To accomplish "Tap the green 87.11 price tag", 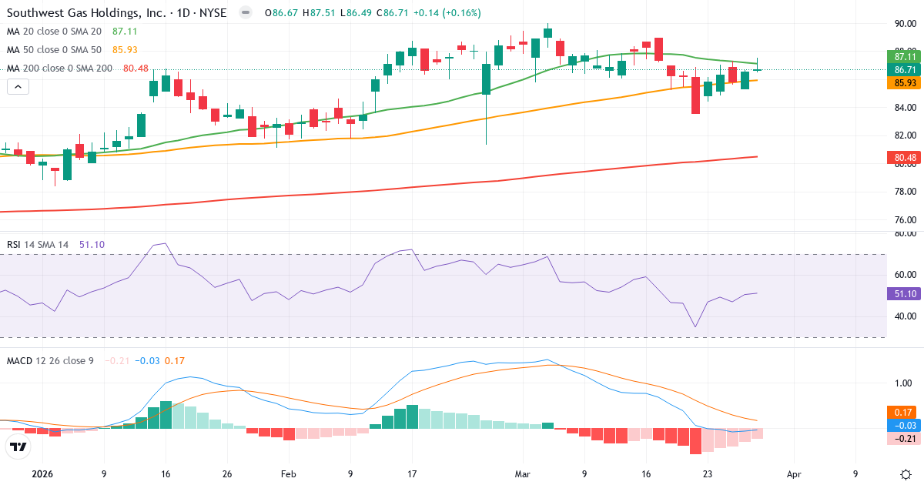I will [x=906, y=56].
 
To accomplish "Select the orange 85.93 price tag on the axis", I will [x=906, y=82].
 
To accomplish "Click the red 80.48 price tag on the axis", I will [x=906, y=158].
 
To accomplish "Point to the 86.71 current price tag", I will [x=906, y=69].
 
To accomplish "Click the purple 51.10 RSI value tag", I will [x=906, y=293].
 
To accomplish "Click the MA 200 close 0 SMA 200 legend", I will [x=59, y=69].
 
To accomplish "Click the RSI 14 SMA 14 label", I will [x=38, y=245].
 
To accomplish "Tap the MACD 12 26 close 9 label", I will [x=50, y=360].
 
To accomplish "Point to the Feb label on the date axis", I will [x=288, y=474].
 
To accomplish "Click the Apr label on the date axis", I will [x=794, y=474].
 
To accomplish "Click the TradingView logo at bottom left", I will [x=18, y=447].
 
